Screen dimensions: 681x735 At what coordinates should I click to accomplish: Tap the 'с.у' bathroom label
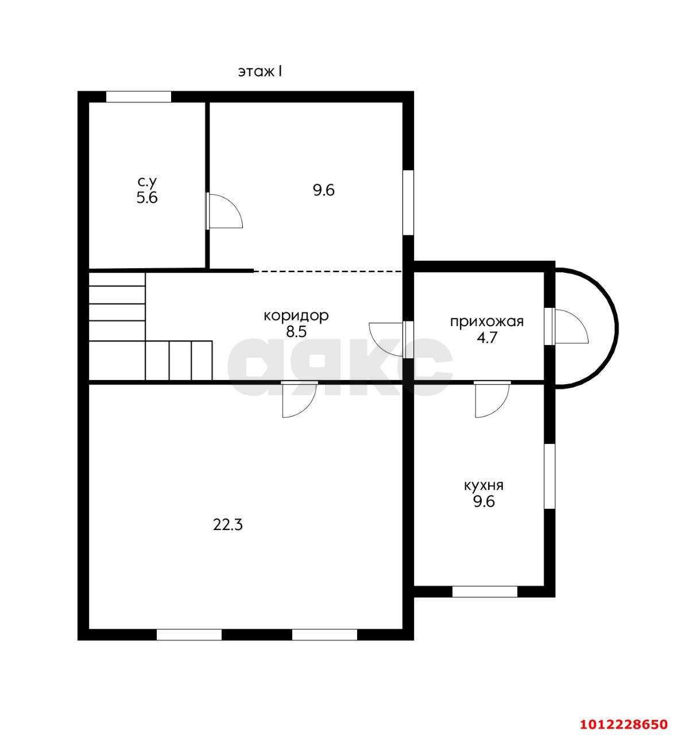[148, 181]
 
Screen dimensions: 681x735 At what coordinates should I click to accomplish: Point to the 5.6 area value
[147, 198]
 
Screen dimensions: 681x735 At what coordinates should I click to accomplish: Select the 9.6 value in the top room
[324, 191]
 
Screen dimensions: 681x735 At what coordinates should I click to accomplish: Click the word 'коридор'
[296, 316]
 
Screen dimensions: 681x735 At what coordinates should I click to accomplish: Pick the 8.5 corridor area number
[296, 331]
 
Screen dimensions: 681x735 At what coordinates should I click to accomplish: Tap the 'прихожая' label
[487, 322]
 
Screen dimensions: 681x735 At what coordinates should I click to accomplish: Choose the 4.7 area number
[487, 338]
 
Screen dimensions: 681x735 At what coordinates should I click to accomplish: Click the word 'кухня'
[483, 485]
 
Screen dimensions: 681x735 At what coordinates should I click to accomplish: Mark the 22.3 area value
[227, 525]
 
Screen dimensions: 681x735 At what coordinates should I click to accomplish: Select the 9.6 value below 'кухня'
[484, 502]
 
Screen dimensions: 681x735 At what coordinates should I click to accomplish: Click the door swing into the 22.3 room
[300, 400]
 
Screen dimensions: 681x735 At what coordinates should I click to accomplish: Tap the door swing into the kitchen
[493, 400]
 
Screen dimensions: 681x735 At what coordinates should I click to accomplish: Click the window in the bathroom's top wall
[139, 96]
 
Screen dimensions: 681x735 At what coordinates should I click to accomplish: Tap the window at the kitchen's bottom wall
[485, 592]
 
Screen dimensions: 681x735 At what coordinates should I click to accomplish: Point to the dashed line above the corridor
[328, 271]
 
